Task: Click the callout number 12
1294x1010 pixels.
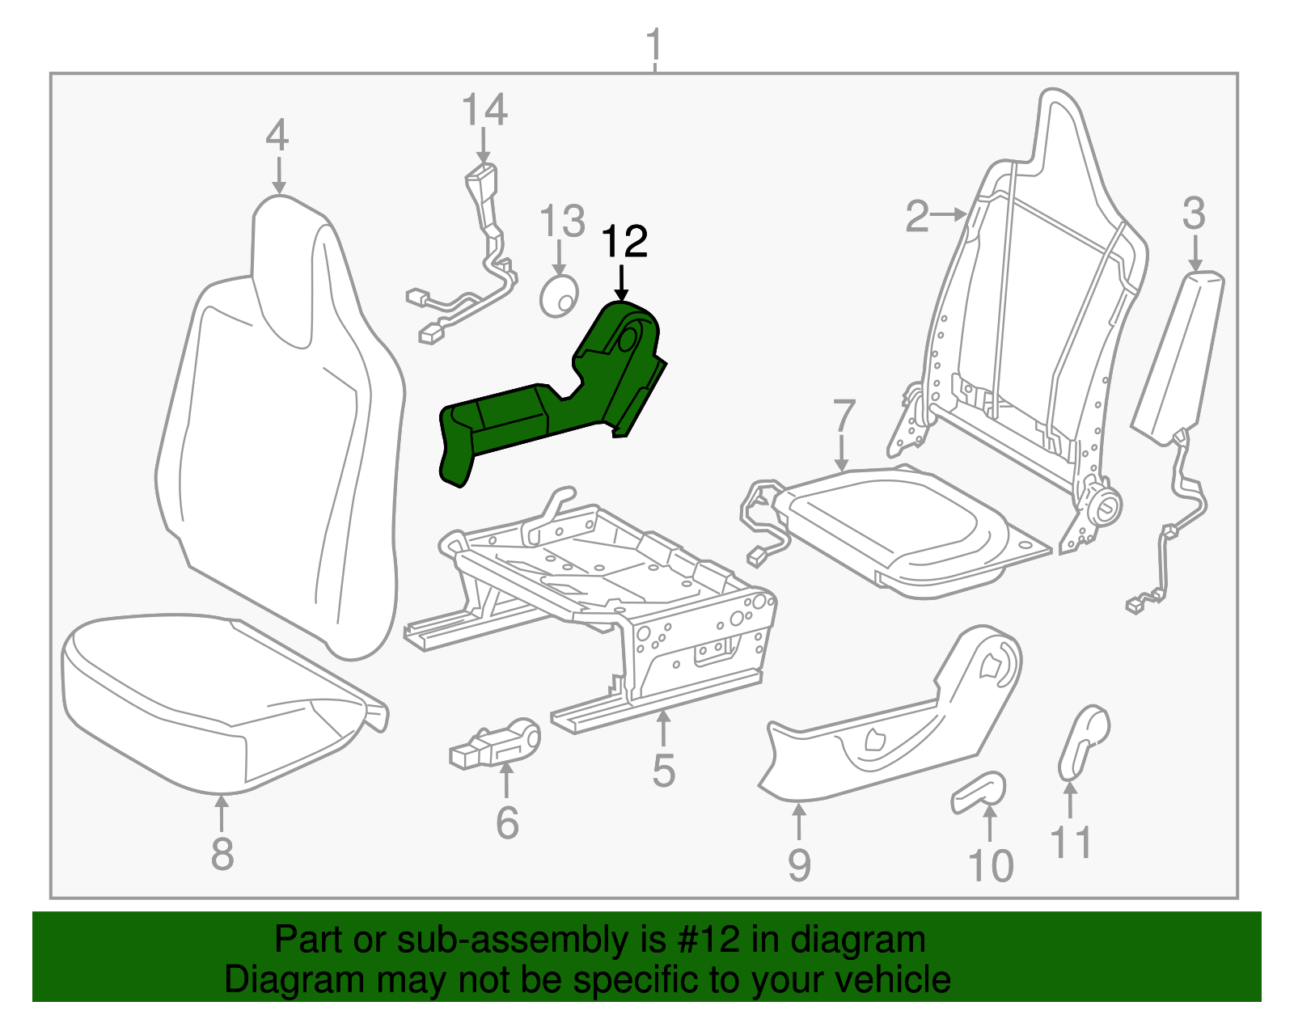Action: point(624,241)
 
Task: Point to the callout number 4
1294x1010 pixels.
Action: point(277,135)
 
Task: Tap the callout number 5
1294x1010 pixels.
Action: point(663,771)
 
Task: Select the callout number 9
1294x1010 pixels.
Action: point(799,864)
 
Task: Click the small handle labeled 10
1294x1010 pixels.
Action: point(979,792)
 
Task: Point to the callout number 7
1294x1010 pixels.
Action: point(844,416)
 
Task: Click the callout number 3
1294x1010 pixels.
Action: point(1194,213)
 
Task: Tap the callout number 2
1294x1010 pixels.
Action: point(917,217)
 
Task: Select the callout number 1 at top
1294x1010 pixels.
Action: point(653,44)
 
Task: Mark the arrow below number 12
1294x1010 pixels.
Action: point(621,283)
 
